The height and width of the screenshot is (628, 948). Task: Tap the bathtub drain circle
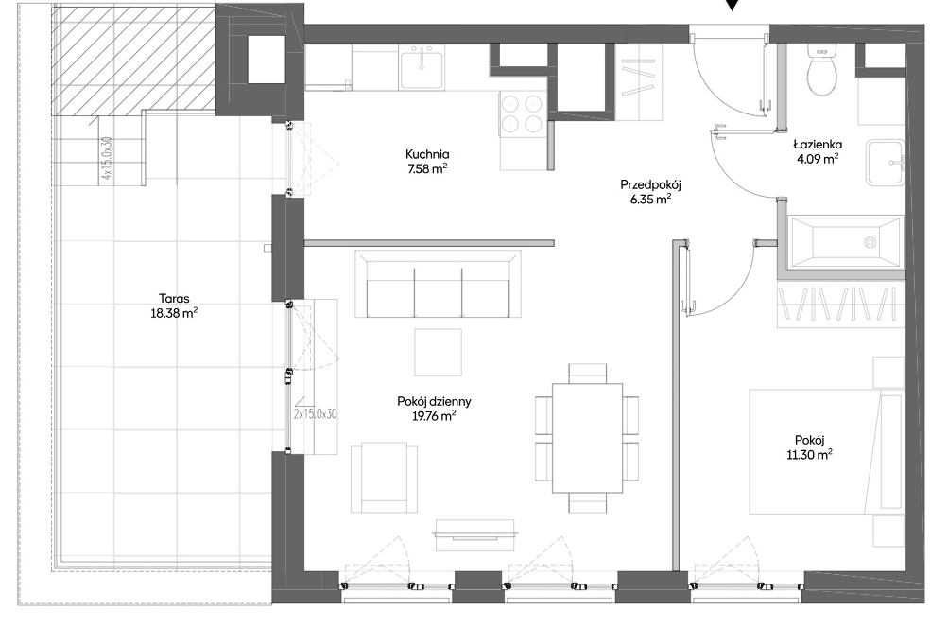click(870, 243)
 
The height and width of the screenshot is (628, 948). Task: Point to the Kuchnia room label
click(427, 154)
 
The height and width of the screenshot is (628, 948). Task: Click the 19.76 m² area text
click(434, 415)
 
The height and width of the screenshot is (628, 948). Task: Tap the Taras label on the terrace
click(174, 298)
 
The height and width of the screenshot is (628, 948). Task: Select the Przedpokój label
click(650, 185)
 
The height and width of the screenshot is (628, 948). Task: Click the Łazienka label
click(818, 145)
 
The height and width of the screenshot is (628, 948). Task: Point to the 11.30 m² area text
click(810, 455)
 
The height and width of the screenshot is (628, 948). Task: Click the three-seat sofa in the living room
click(438, 284)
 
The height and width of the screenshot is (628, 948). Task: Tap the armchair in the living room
click(384, 477)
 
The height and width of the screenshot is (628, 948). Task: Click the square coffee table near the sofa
click(438, 352)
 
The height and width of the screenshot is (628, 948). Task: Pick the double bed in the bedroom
click(826, 451)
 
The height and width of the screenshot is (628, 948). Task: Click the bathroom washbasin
click(886, 162)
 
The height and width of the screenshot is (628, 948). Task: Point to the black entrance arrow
click(733, 5)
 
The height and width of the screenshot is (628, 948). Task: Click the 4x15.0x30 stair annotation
click(107, 158)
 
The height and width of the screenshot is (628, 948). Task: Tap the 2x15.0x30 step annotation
click(315, 414)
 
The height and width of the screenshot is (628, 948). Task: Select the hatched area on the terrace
click(133, 60)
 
